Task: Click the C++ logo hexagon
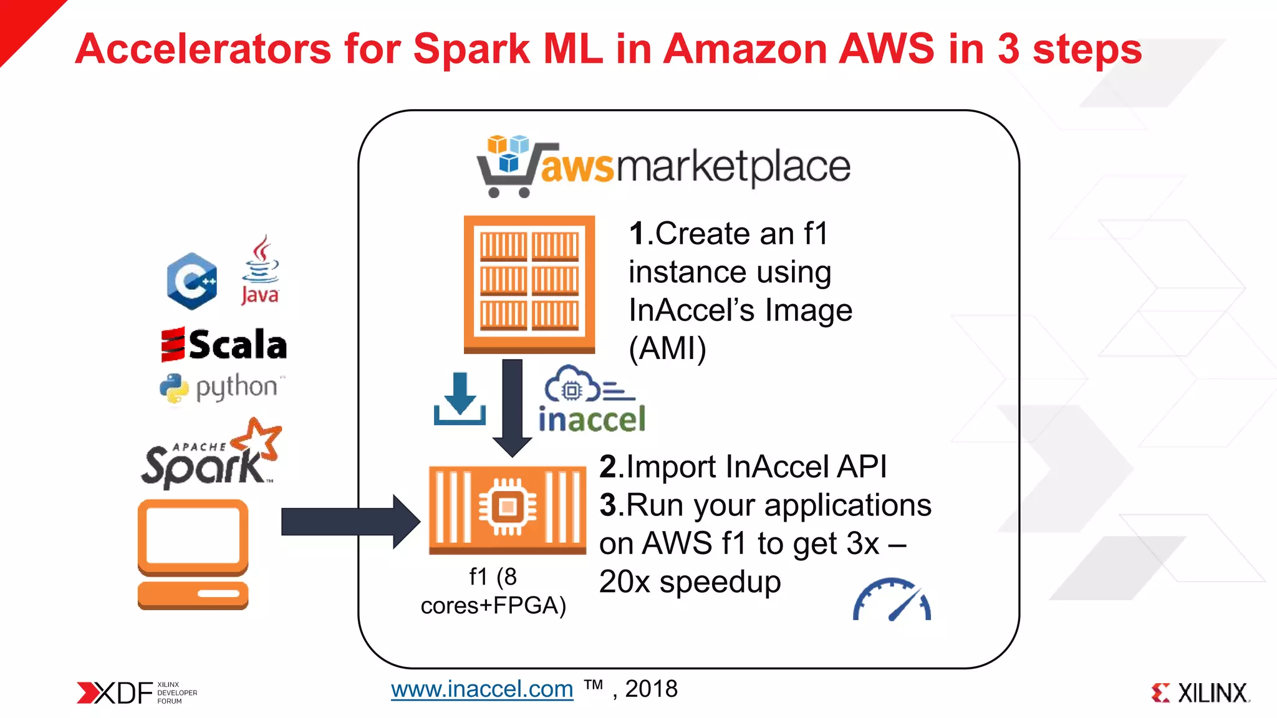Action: click(x=192, y=281)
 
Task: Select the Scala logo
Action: click(x=224, y=345)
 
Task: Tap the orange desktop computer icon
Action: click(x=193, y=554)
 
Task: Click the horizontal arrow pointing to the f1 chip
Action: click(x=349, y=522)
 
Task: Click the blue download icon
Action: click(x=460, y=400)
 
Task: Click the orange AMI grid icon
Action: click(x=529, y=284)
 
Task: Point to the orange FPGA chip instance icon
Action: click(x=508, y=509)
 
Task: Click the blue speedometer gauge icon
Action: click(x=892, y=600)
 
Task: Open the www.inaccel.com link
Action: click(x=482, y=689)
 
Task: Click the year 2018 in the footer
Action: click(x=651, y=689)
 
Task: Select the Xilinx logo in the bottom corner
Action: click(x=1200, y=692)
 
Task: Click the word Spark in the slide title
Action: click(x=471, y=50)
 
